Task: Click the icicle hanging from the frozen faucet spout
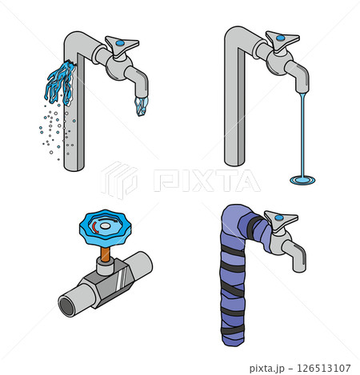pyautogui.click(x=142, y=106)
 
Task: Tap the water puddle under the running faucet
pyautogui.click(x=302, y=181)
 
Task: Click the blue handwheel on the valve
pyautogui.click(x=106, y=228)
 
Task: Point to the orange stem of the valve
pyautogui.click(x=105, y=254)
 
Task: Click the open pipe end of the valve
pyautogui.click(x=66, y=306)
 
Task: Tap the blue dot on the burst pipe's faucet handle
pyautogui.click(x=120, y=42)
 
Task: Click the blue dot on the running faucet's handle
pyautogui.click(x=280, y=38)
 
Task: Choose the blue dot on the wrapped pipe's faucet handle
pyautogui.click(x=279, y=217)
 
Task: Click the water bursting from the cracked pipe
pyautogui.click(x=60, y=82)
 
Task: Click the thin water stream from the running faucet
pyautogui.click(x=302, y=134)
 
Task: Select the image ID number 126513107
pyautogui.click(x=323, y=369)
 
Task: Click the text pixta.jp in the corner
pyautogui.click(x=267, y=369)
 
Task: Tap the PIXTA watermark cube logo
pyautogui.click(x=119, y=180)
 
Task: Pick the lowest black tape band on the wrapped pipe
pyautogui.click(x=233, y=330)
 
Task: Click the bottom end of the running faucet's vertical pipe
pyautogui.click(x=234, y=162)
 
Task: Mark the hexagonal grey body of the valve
pyautogui.click(x=106, y=284)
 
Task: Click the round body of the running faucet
pyautogui.click(x=279, y=62)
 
